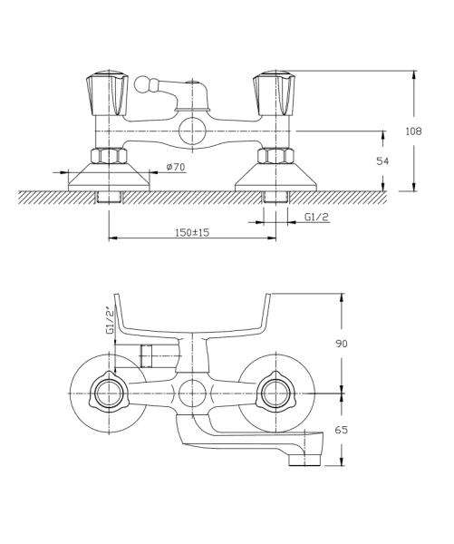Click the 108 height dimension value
413,131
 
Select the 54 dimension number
382,161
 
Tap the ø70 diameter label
176,167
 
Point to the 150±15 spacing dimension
192,232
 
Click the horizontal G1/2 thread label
316,217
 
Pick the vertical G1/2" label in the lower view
110,320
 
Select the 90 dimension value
342,344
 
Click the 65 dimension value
342,430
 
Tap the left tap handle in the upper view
107,93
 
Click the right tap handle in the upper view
274,93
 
